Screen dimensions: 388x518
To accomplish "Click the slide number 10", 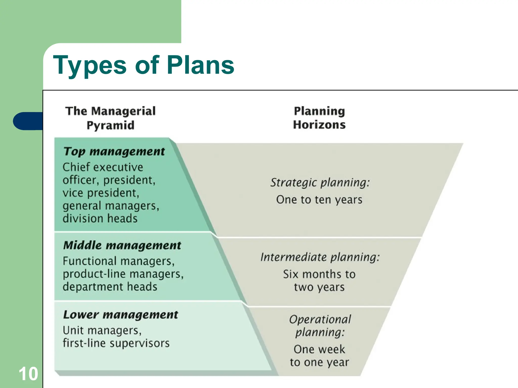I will (28, 374).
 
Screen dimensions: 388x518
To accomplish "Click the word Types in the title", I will (90, 66).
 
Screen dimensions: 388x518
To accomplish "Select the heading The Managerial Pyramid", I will (111, 118).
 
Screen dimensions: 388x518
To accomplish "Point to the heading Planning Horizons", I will (319, 118).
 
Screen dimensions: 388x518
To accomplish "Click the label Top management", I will (114, 152).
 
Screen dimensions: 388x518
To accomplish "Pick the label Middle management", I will (122, 245).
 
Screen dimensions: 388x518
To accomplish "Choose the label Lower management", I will (121, 315).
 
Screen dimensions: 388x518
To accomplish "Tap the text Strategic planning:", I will (320, 183).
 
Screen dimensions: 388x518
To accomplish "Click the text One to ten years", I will (319, 200).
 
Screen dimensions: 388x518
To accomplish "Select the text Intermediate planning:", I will (320, 257).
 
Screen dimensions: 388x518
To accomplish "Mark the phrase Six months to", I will (319, 274).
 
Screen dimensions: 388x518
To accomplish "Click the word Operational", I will (320, 320).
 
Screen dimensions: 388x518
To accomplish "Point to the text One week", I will (319, 349).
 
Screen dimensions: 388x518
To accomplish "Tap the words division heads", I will (100, 219).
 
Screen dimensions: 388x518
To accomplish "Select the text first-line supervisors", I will (116, 343).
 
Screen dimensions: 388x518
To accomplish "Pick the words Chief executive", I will (103, 167).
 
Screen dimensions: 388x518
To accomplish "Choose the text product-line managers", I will (123, 274).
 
